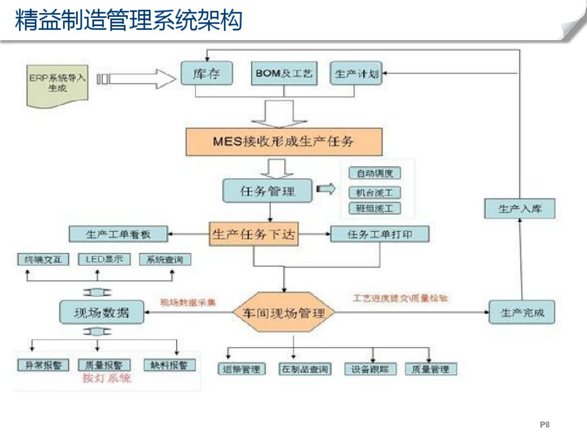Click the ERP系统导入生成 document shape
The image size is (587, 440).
[57, 84]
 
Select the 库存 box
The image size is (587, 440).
[207, 74]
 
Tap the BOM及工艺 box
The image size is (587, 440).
[284, 74]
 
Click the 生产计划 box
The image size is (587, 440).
[356, 74]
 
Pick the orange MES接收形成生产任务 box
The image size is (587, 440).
[284, 142]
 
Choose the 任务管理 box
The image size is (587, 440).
[267, 191]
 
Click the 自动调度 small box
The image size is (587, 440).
[375, 173]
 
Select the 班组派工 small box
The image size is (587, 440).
[375, 209]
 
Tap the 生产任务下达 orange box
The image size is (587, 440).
[254, 234]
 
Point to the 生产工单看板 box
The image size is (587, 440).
[118, 234]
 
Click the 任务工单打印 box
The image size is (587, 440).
[380, 234]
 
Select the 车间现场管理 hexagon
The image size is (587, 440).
[284, 313]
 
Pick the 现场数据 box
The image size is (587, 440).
[102, 312]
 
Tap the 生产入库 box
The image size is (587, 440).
[520, 209]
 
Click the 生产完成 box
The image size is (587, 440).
[522, 312]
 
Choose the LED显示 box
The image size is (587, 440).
[104, 260]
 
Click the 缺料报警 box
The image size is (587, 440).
[169, 365]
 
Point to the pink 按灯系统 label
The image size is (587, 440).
[107, 378]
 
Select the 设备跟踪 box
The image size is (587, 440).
[370, 369]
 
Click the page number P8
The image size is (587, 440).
[544, 424]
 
